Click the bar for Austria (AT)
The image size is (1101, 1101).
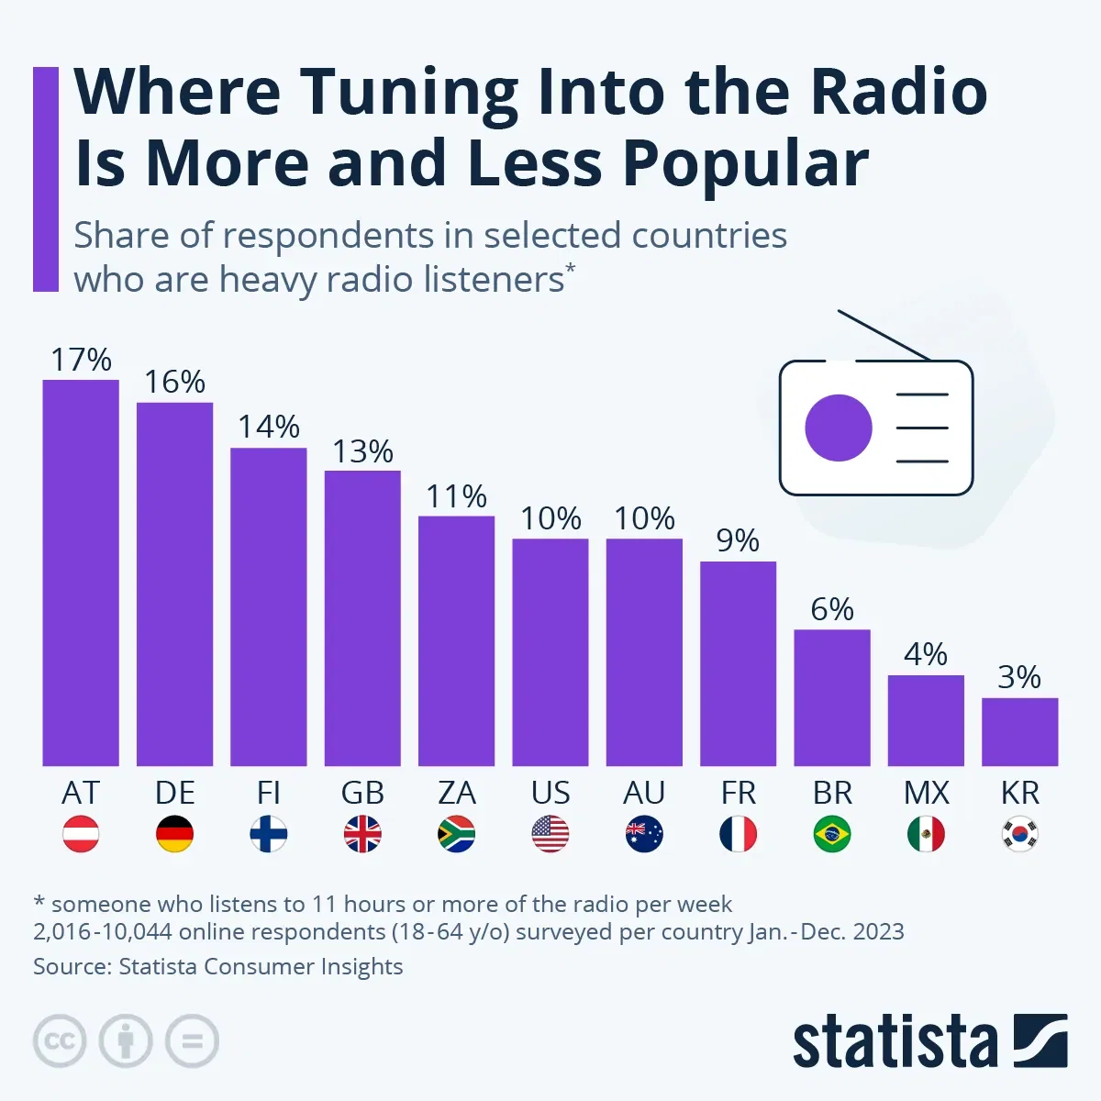81,573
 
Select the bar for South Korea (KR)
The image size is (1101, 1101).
1019,731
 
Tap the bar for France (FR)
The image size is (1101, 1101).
738,663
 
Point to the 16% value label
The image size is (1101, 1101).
174,382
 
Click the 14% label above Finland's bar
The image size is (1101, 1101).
269,427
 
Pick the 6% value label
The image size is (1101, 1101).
832,609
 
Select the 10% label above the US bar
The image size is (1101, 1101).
550,518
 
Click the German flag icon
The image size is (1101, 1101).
174,834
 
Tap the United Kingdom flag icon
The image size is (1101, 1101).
362,834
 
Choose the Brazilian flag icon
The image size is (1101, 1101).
832,834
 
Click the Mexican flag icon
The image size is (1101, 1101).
926,834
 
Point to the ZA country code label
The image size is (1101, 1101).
456,793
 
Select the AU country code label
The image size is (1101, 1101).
644,793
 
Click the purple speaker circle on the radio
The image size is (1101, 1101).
838,428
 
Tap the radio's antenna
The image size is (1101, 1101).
884,335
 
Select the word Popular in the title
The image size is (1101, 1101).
745,163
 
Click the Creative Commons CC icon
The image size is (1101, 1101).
60,1041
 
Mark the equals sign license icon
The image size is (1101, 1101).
192,1041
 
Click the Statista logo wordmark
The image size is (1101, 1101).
895,1041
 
